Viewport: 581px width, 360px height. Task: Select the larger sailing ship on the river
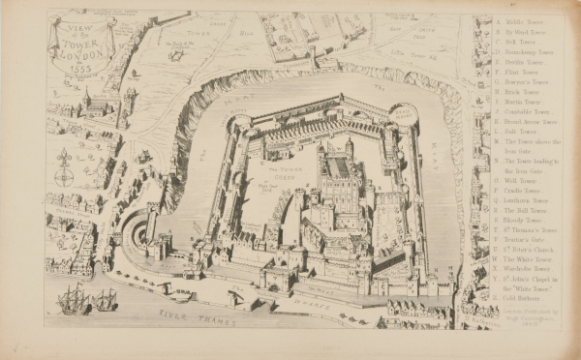(x=73, y=301)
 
